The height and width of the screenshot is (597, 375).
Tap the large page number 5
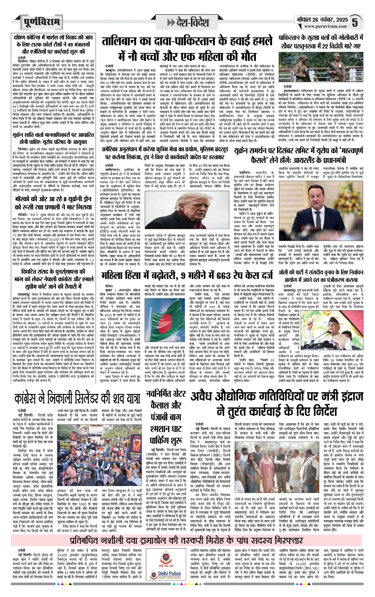tap(355, 23)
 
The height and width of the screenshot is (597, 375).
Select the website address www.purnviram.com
tap(325, 27)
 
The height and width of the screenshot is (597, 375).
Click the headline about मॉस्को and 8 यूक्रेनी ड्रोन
tap(53, 203)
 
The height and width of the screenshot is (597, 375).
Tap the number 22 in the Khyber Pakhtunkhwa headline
tap(325, 46)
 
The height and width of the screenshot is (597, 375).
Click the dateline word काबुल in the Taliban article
tap(110, 70)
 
